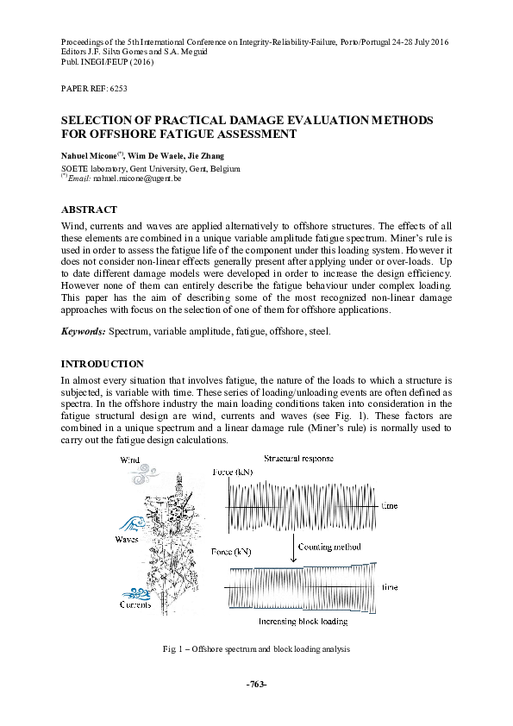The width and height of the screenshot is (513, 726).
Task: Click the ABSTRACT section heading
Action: pyautogui.click(x=89, y=210)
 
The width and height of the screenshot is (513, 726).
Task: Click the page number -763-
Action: pyautogui.click(x=256, y=683)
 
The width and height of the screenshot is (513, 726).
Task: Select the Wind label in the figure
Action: pyautogui.click(x=129, y=460)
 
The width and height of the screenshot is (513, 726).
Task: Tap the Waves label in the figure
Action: pyautogui.click(x=127, y=539)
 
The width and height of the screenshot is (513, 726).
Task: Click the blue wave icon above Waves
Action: pyautogui.click(x=129, y=523)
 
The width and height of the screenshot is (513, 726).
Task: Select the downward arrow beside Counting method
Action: pyautogui.click(x=293, y=553)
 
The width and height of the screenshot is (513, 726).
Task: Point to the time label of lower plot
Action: pyautogui.click(x=390, y=585)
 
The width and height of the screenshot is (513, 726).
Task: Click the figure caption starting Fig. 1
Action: pyautogui.click(x=256, y=647)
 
